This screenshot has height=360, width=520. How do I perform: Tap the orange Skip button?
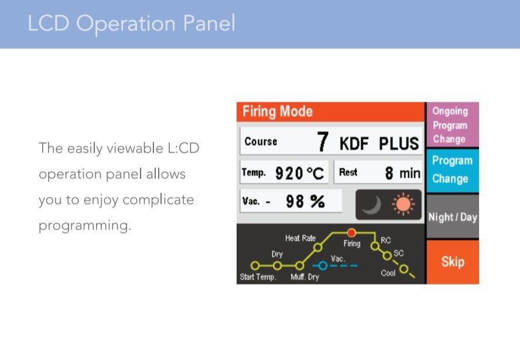(x=453, y=262)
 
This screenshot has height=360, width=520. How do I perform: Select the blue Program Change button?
(x=453, y=170)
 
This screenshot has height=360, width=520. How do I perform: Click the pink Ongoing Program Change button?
(x=453, y=125)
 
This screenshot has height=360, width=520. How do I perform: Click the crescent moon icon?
(x=372, y=204)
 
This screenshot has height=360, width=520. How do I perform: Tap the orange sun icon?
(x=403, y=204)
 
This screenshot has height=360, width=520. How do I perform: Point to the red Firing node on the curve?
(x=351, y=233)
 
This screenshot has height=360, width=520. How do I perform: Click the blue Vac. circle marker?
(x=322, y=266)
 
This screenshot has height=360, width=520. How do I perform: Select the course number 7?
(x=323, y=142)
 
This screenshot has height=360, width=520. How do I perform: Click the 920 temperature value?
(x=289, y=173)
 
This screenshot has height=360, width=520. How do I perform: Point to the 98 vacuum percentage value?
(x=295, y=201)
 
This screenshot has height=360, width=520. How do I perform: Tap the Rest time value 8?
(x=389, y=173)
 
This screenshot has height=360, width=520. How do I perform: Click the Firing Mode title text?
(x=277, y=111)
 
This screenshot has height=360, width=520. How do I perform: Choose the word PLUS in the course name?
(x=399, y=143)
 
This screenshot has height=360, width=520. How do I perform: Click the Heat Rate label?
(x=300, y=238)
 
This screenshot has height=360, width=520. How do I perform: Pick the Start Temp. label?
(x=258, y=277)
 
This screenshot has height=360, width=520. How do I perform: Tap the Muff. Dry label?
(x=305, y=277)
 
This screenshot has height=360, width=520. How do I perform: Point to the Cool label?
(x=388, y=273)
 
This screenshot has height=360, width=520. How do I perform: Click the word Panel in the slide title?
(x=209, y=23)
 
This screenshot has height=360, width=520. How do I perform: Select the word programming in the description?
(x=85, y=226)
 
